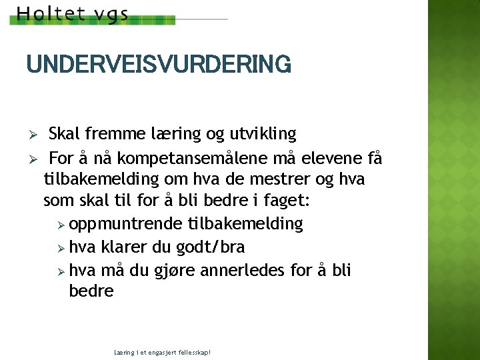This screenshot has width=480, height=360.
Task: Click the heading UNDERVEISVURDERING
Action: [159, 65]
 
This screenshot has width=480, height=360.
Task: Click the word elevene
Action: [327, 159]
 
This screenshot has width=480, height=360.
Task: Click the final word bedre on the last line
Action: [91, 291]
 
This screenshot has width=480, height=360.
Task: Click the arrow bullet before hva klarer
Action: [62, 247]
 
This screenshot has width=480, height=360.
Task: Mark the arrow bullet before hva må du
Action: [62, 271]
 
